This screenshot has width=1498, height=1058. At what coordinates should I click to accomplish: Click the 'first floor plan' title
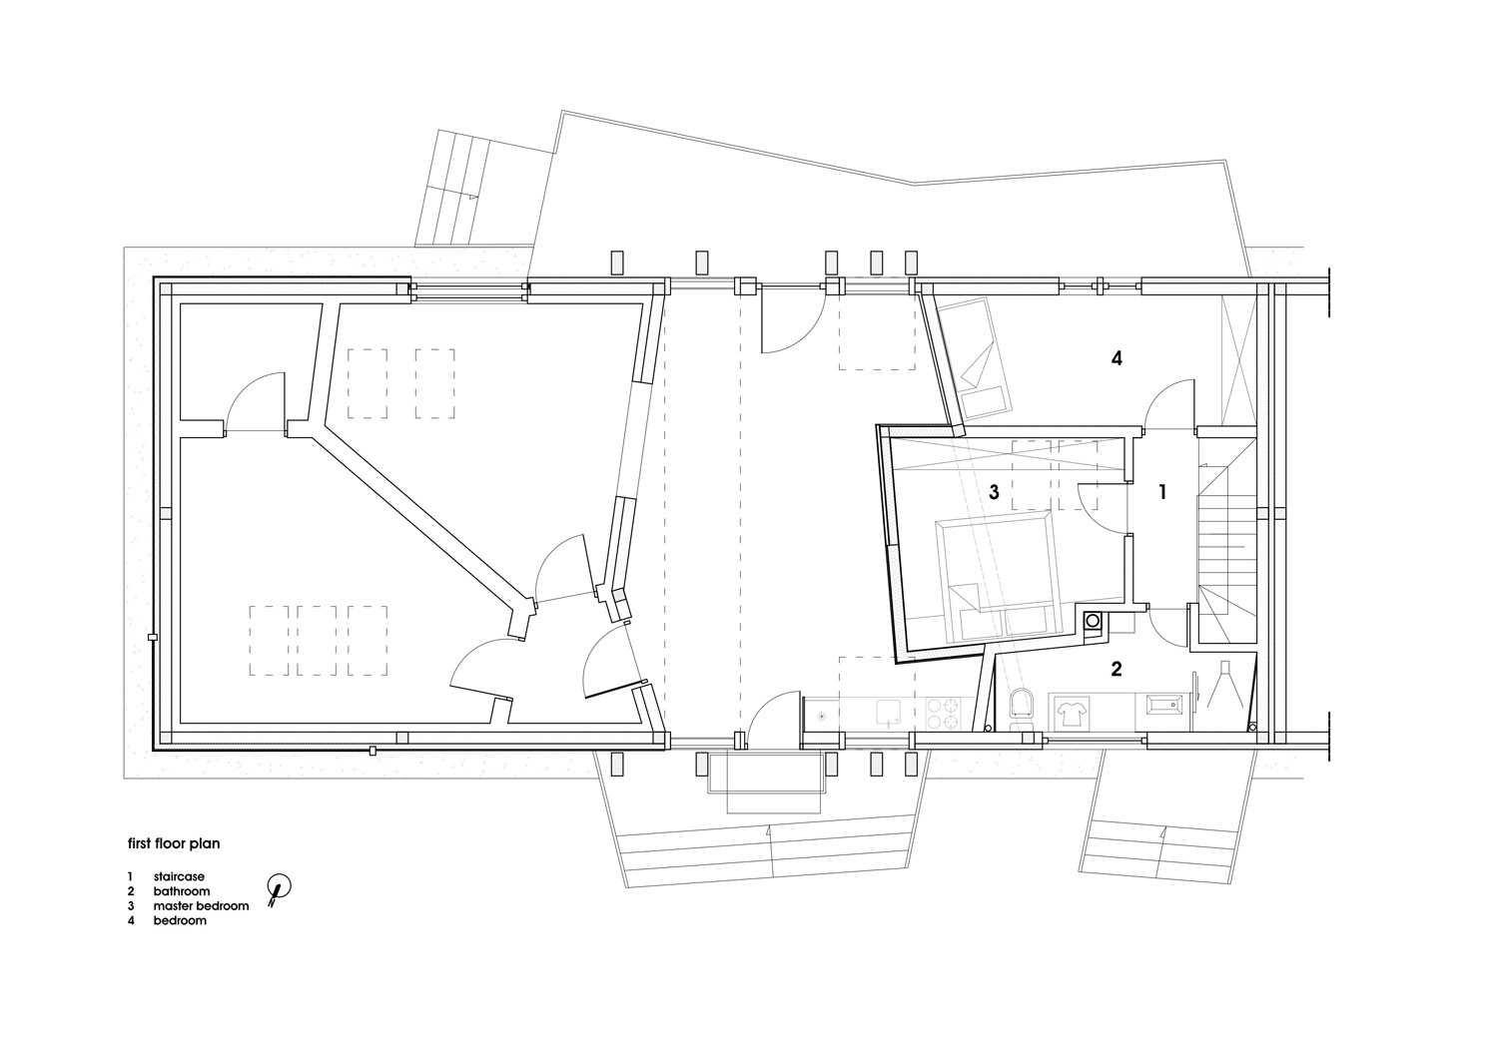(174, 843)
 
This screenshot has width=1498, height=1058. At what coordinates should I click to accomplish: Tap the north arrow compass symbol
(279, 888)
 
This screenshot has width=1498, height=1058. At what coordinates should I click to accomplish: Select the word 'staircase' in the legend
(179, 876)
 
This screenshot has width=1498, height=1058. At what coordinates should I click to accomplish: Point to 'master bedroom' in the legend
(201, 906)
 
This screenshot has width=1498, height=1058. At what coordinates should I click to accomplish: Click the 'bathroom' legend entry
(181, 891)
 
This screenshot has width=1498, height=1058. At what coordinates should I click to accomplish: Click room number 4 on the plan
(1117, 359)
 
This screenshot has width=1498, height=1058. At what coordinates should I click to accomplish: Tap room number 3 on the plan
(994, 493)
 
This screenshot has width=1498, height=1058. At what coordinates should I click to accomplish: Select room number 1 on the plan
(1163, 493)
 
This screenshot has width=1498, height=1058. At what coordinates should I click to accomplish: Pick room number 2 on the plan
(1117, 669)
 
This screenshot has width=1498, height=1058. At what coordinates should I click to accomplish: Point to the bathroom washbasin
(1164, 706)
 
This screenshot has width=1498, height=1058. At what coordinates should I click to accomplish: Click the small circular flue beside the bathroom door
(1093, 621)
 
